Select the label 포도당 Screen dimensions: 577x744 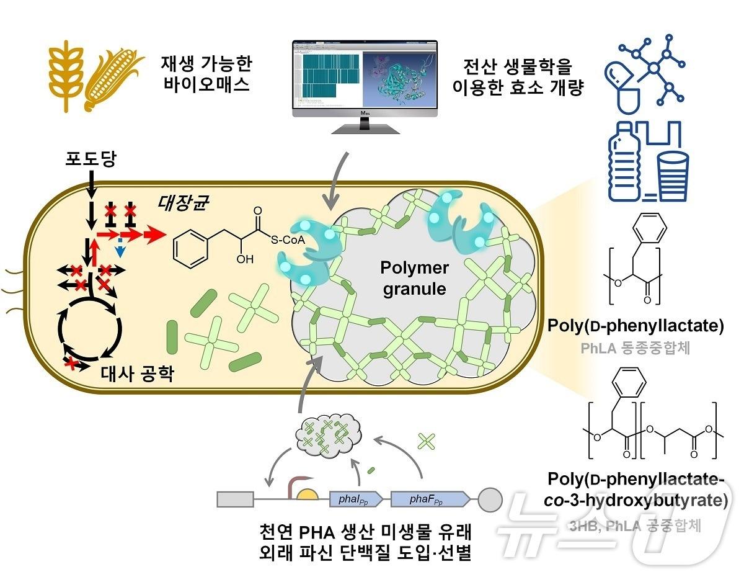pos(91,160)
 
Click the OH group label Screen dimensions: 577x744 pos(245,259)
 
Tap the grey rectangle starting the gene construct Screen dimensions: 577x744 pos(235,499)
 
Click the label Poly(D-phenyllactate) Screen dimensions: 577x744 pos(635,326)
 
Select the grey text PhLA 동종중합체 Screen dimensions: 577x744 pos(635,348)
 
